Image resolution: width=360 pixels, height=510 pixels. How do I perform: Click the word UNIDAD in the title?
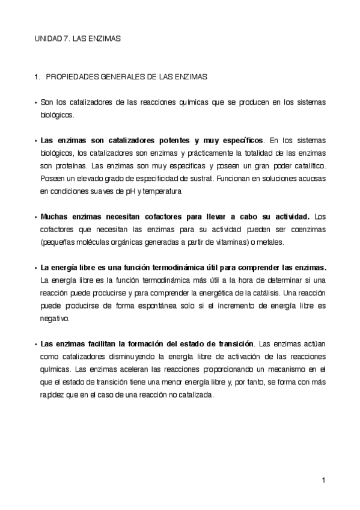46,38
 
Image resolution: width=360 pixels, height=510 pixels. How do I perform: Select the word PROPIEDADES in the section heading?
71,77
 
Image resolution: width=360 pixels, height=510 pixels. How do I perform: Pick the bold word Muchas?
54,216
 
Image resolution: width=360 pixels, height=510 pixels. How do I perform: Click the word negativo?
55,319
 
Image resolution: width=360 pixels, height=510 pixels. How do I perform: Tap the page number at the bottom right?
323,480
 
